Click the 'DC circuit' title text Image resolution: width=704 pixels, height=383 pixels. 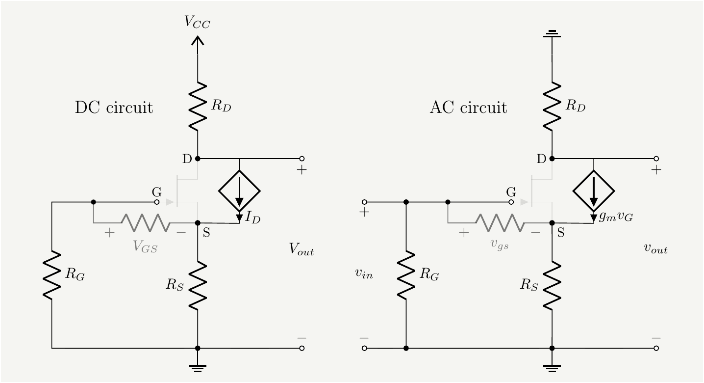pos(114,108)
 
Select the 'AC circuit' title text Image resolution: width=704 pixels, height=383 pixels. pos(468,108)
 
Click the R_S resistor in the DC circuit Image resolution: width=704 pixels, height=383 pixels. pos(198,286)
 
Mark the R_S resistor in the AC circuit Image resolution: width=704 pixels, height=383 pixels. pos(552,286)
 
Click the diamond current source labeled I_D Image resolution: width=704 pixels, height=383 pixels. pos(239,191)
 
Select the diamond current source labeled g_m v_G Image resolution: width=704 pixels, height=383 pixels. pos(594,191)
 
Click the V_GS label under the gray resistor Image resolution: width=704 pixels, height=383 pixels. pos(146,246)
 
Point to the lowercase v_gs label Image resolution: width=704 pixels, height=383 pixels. pos(500,246)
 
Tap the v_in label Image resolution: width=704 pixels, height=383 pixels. pos(364,274)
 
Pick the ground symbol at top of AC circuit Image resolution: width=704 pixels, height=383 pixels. pos(552,34)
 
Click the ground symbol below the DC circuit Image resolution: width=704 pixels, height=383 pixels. pos(198,367)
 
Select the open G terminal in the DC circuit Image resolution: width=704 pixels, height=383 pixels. pos(157,202)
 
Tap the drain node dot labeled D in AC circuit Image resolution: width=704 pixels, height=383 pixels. pos(552,159)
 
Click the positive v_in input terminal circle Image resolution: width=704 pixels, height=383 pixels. pos(364,202)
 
